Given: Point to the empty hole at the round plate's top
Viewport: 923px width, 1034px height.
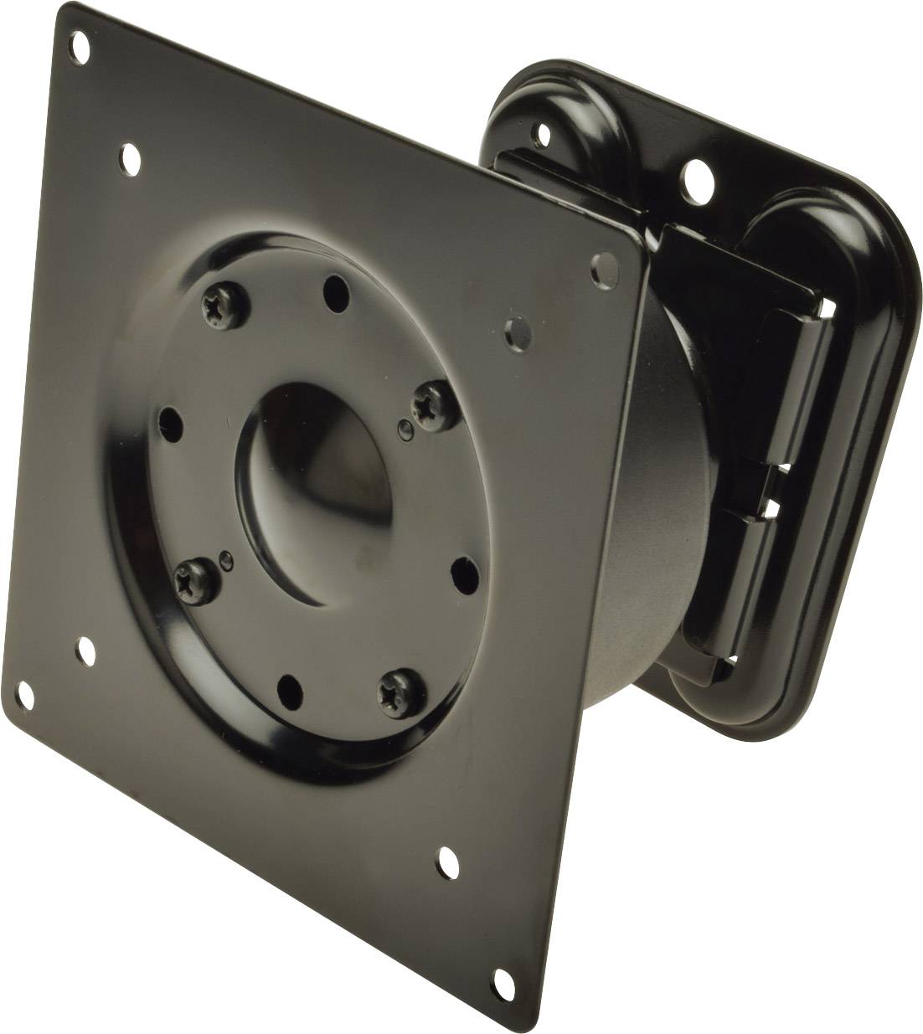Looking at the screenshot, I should point(336,292).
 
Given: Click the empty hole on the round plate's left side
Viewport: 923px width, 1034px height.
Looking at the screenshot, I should point(172,417).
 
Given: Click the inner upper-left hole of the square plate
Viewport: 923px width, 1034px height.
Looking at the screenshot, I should point(130,155).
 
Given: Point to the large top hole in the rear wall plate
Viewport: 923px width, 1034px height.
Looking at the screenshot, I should point(695,176).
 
